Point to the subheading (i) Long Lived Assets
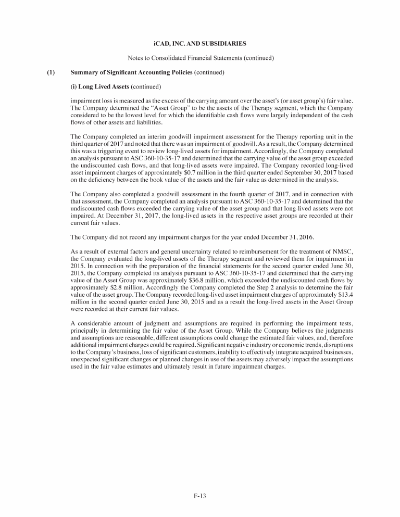tap(99, 86)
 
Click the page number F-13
tap(200, 496)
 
